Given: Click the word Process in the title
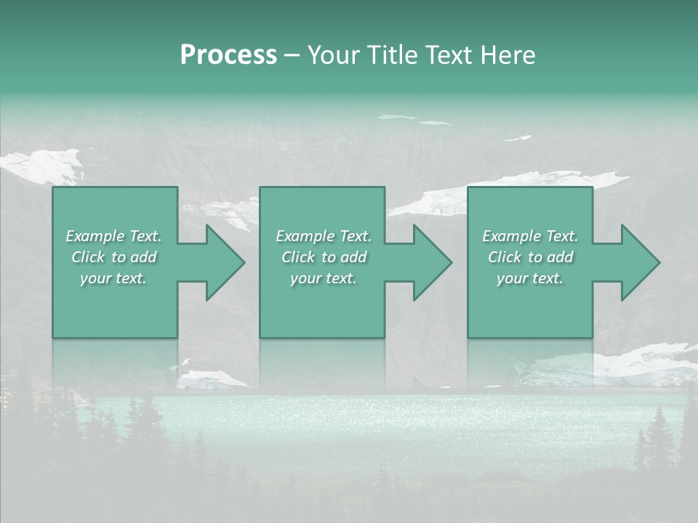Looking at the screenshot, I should pos(228,55).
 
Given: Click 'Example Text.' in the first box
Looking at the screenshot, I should pos(113,236).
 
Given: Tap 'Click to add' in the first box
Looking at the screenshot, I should pos(114,257).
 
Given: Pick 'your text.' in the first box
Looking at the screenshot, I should pos(113,278).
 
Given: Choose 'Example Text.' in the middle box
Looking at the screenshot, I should pos(324,236).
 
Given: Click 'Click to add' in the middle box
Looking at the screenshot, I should pos(324,257).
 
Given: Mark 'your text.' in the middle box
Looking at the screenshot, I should pos(324,278).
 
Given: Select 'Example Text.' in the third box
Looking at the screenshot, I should pos(530,236).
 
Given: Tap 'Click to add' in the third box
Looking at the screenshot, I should pos(530,257).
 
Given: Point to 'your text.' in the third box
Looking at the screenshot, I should pos(530,278).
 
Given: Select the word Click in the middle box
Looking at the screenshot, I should pos(298,257).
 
